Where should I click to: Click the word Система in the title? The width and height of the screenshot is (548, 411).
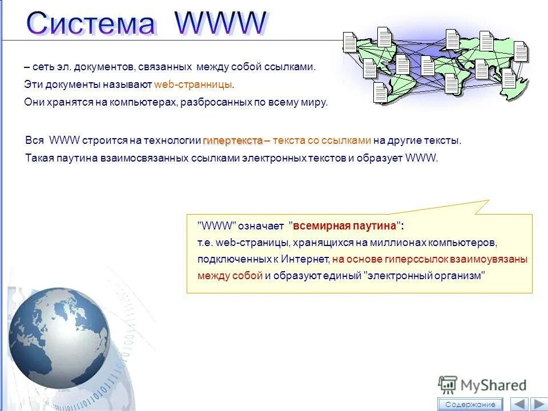coord(90,24)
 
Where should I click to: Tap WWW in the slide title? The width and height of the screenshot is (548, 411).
coord(220,23)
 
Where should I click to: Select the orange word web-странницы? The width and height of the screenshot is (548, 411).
coord(194,84)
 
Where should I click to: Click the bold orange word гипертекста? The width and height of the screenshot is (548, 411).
coord(232,140)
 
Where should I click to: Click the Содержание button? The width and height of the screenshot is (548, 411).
coord(470,404)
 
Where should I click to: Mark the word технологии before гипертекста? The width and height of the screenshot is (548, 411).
coord(175,140)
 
